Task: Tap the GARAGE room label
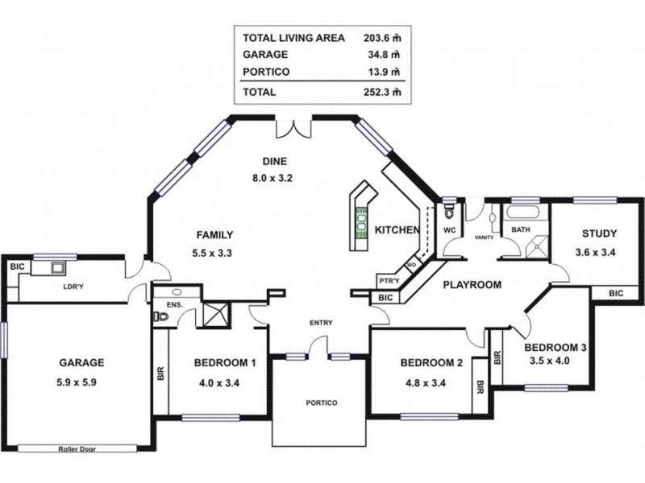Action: click(81, 362)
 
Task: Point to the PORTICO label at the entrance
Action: click(321, 402)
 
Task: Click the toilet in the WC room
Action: click(449, 212)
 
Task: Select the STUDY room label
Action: click(599, 234)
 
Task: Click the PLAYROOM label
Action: click(472, 284)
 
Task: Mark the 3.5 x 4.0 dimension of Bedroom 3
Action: click(547, 362)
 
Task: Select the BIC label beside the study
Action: click(615, 294)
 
